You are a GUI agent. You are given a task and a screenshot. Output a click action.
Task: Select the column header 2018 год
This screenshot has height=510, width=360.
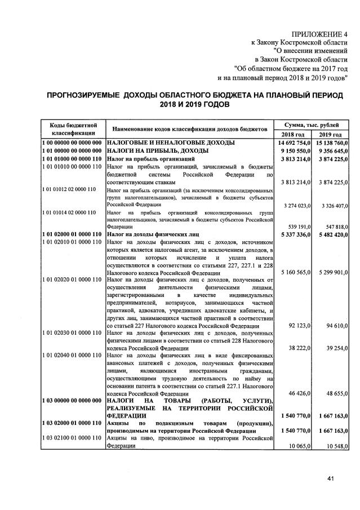tap(292, 135)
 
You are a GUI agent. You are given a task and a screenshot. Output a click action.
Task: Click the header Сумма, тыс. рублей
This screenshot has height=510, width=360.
tap(311, 124)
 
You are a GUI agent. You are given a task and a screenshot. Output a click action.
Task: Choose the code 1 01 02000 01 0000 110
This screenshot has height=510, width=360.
tap(72, 234)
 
